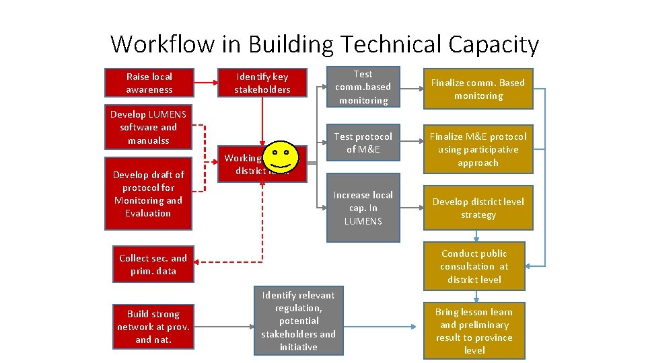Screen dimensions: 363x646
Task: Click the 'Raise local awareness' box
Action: point(149,83)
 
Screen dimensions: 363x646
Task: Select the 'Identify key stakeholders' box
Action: point(262,83)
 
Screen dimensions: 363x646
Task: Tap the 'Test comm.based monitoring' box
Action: point(363,87)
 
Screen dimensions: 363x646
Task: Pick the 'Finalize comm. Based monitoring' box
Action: point(478,89)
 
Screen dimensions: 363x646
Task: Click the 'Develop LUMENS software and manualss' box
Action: point(149,127)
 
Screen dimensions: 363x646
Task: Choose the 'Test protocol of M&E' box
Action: point(363,143)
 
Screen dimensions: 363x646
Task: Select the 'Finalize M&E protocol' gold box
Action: point(478,149)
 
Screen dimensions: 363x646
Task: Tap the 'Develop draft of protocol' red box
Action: point(148,194)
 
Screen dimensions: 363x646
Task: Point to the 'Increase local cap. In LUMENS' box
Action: point(363,208)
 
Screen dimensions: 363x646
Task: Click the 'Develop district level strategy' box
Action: point(478,208)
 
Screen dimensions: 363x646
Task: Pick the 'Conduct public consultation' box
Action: point(474,266)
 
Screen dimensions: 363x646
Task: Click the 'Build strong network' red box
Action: point(153,327)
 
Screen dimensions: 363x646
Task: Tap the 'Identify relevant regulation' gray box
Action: point(298,321)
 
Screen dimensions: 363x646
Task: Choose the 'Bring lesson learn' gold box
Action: point(474,331)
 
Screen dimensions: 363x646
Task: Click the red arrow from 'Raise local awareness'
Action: point(205,83)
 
